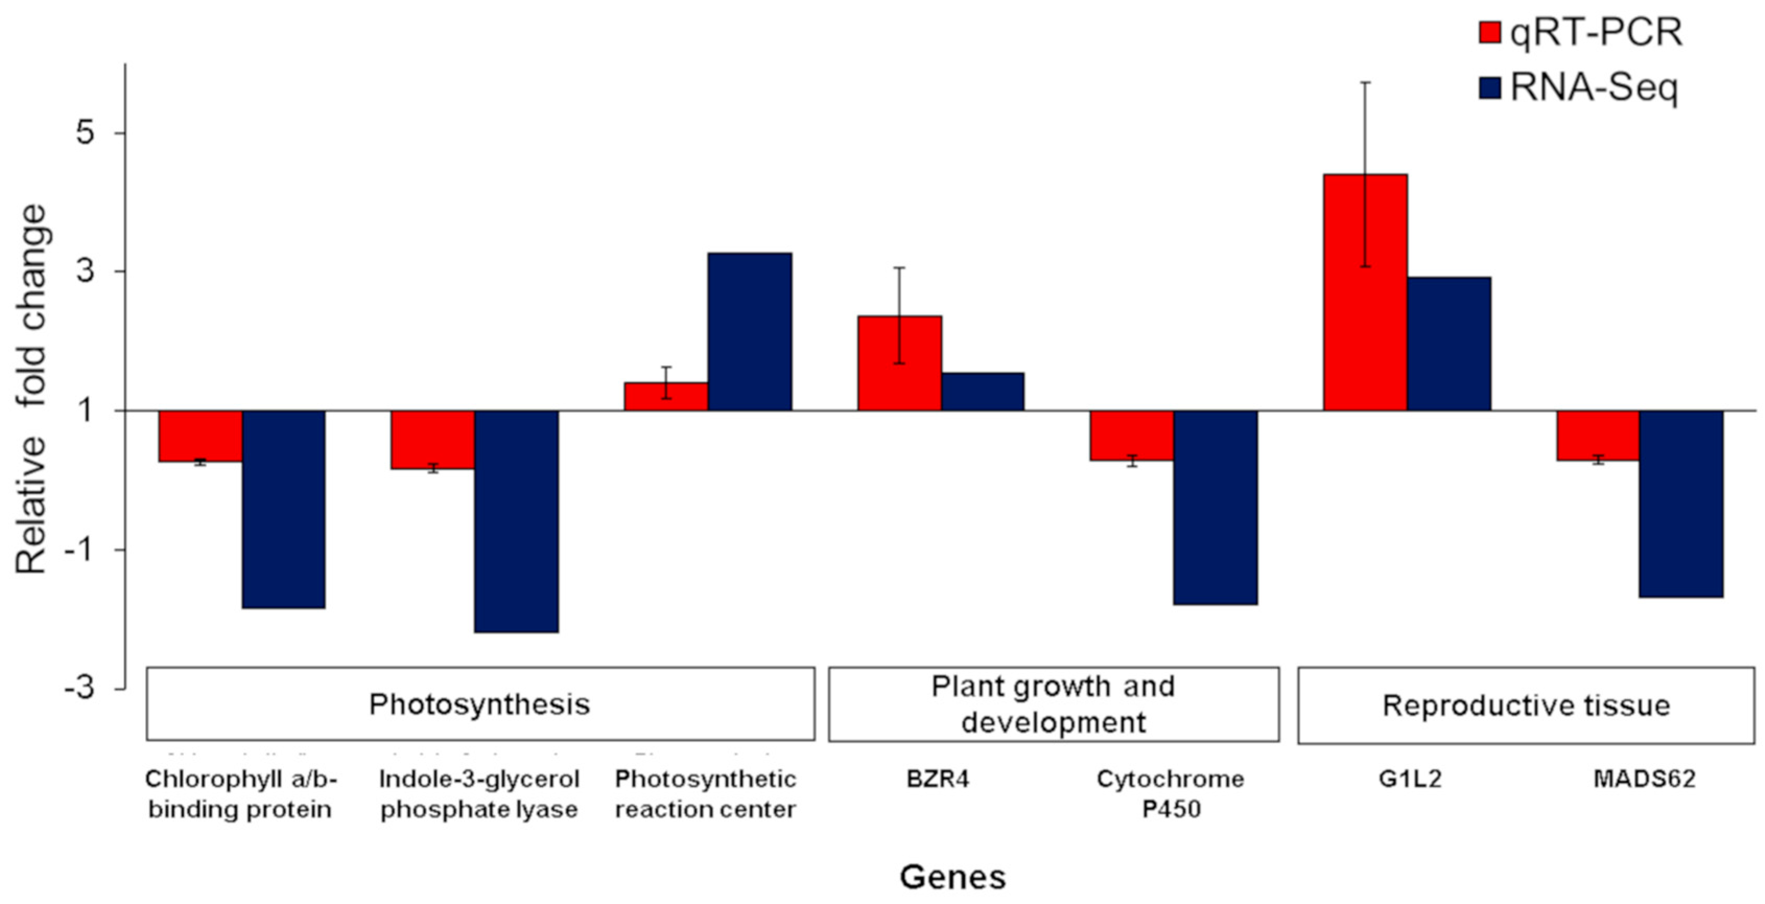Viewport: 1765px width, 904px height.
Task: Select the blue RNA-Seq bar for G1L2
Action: (x=1449, y=343)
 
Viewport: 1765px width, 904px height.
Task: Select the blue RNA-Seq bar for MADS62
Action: (x=1681, y=504)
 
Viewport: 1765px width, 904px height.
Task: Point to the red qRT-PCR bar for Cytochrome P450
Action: (x=1132, y=435)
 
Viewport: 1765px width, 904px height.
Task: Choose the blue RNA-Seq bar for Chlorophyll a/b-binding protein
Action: (x=283, y=509)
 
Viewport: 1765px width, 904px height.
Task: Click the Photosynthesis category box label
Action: (x=480, y=704)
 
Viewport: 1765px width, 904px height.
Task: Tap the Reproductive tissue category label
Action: (x=1526, y=705)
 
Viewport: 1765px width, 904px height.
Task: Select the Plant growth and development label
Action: (x=1053, y=704)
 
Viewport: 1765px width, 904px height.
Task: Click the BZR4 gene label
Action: (x=938, y=779)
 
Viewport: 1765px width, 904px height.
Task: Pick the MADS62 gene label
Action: (x=1644, y=779)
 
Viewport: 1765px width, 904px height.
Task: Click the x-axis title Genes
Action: (x=952, y=877)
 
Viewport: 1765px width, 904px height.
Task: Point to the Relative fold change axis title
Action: (x=31, y=389)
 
